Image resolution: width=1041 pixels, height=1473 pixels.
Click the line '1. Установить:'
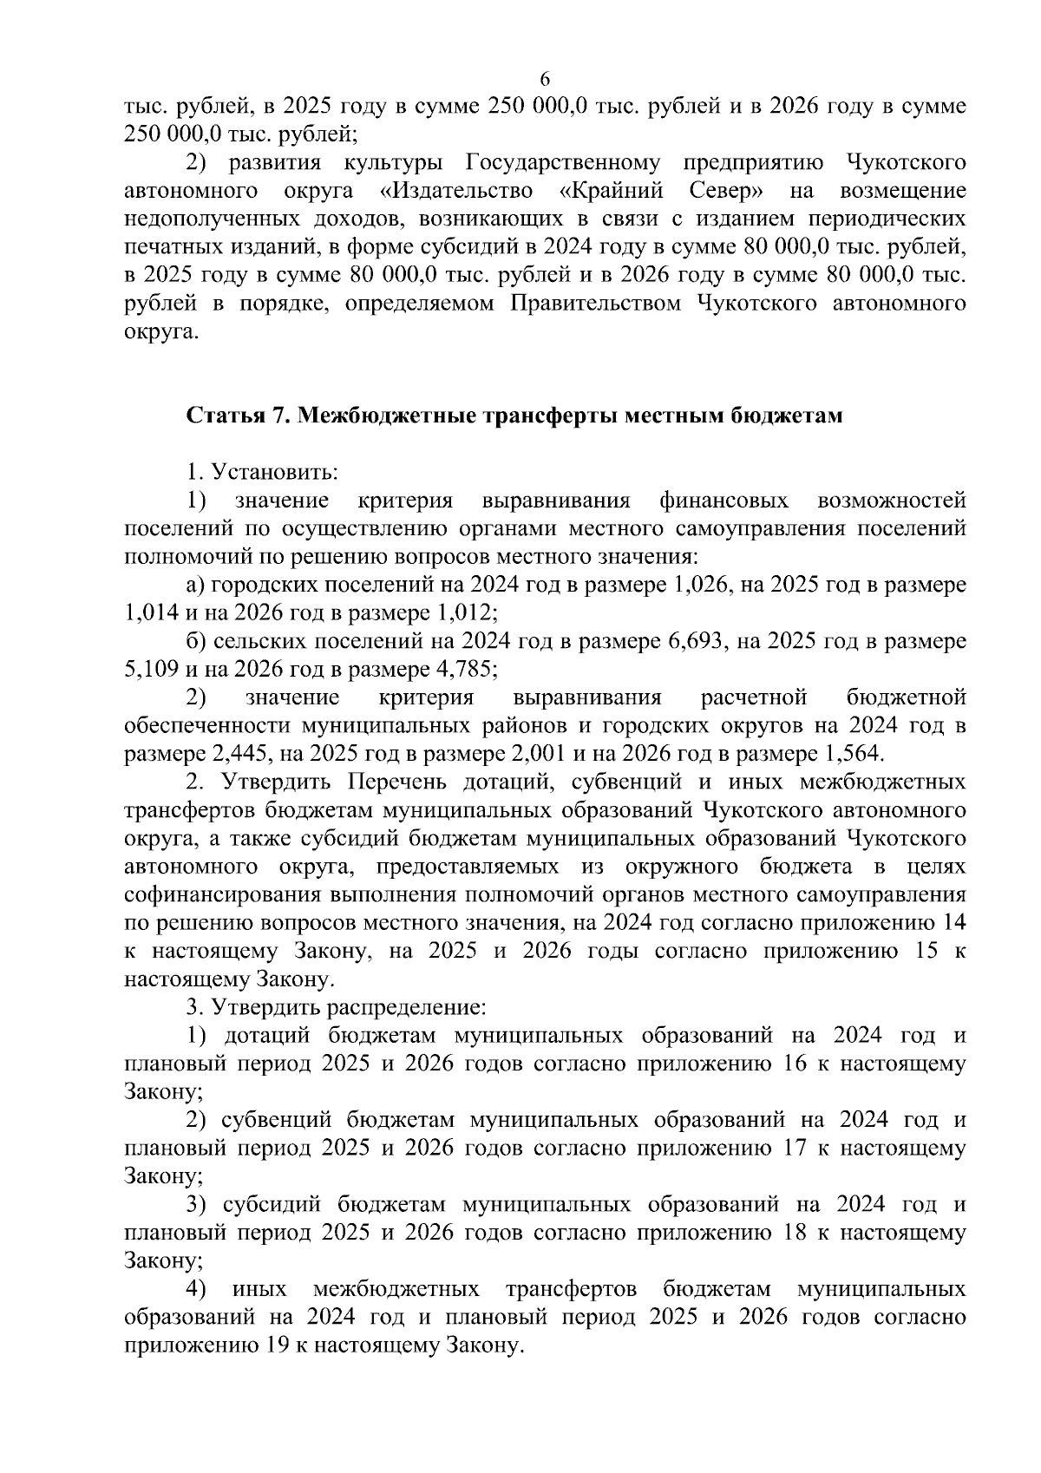[x=262, y=472]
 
